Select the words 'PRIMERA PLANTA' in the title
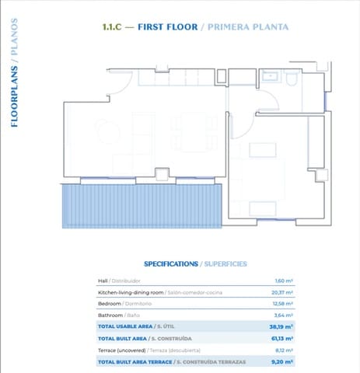click(246, 27)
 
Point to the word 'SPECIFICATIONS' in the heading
click(171, 264)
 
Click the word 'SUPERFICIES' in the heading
click(225, 264)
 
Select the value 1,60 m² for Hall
click(283, 281)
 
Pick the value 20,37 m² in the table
click(281, 292)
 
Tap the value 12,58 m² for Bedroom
click(281, 304)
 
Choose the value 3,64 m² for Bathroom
click(283, 315)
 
